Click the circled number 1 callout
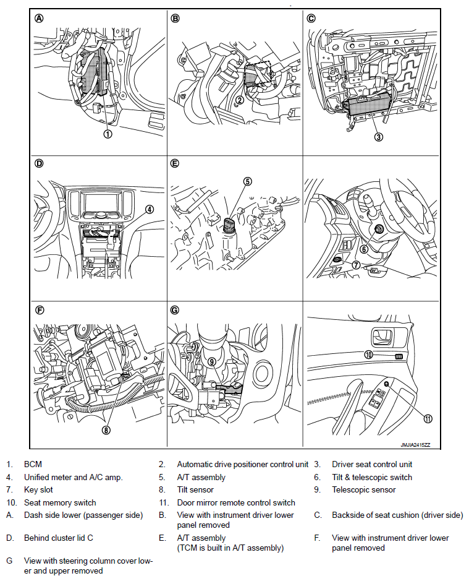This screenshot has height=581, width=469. (108, 134)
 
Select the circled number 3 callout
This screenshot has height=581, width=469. (378, 137)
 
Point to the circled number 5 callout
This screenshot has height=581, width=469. (247, 181)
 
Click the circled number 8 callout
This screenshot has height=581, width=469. (106, 430)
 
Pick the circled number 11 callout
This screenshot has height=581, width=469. (428, 419)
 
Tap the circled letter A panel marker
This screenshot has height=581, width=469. (39, 18)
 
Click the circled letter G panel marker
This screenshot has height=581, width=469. (175, 310)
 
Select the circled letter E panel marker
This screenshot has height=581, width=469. (175, 163)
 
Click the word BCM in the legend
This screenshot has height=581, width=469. (33, 464)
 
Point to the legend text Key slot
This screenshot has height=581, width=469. (38, 490)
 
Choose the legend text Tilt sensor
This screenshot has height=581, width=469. (195, 490)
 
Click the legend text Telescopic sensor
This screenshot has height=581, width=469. (364, 490)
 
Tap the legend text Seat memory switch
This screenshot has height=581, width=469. (60, 503)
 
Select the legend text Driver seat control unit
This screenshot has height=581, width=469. (372, 464)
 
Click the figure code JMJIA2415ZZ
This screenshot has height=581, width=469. (415, 445)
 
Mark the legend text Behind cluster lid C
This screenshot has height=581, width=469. (59, 538)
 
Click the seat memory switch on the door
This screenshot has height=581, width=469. (399, 356)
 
